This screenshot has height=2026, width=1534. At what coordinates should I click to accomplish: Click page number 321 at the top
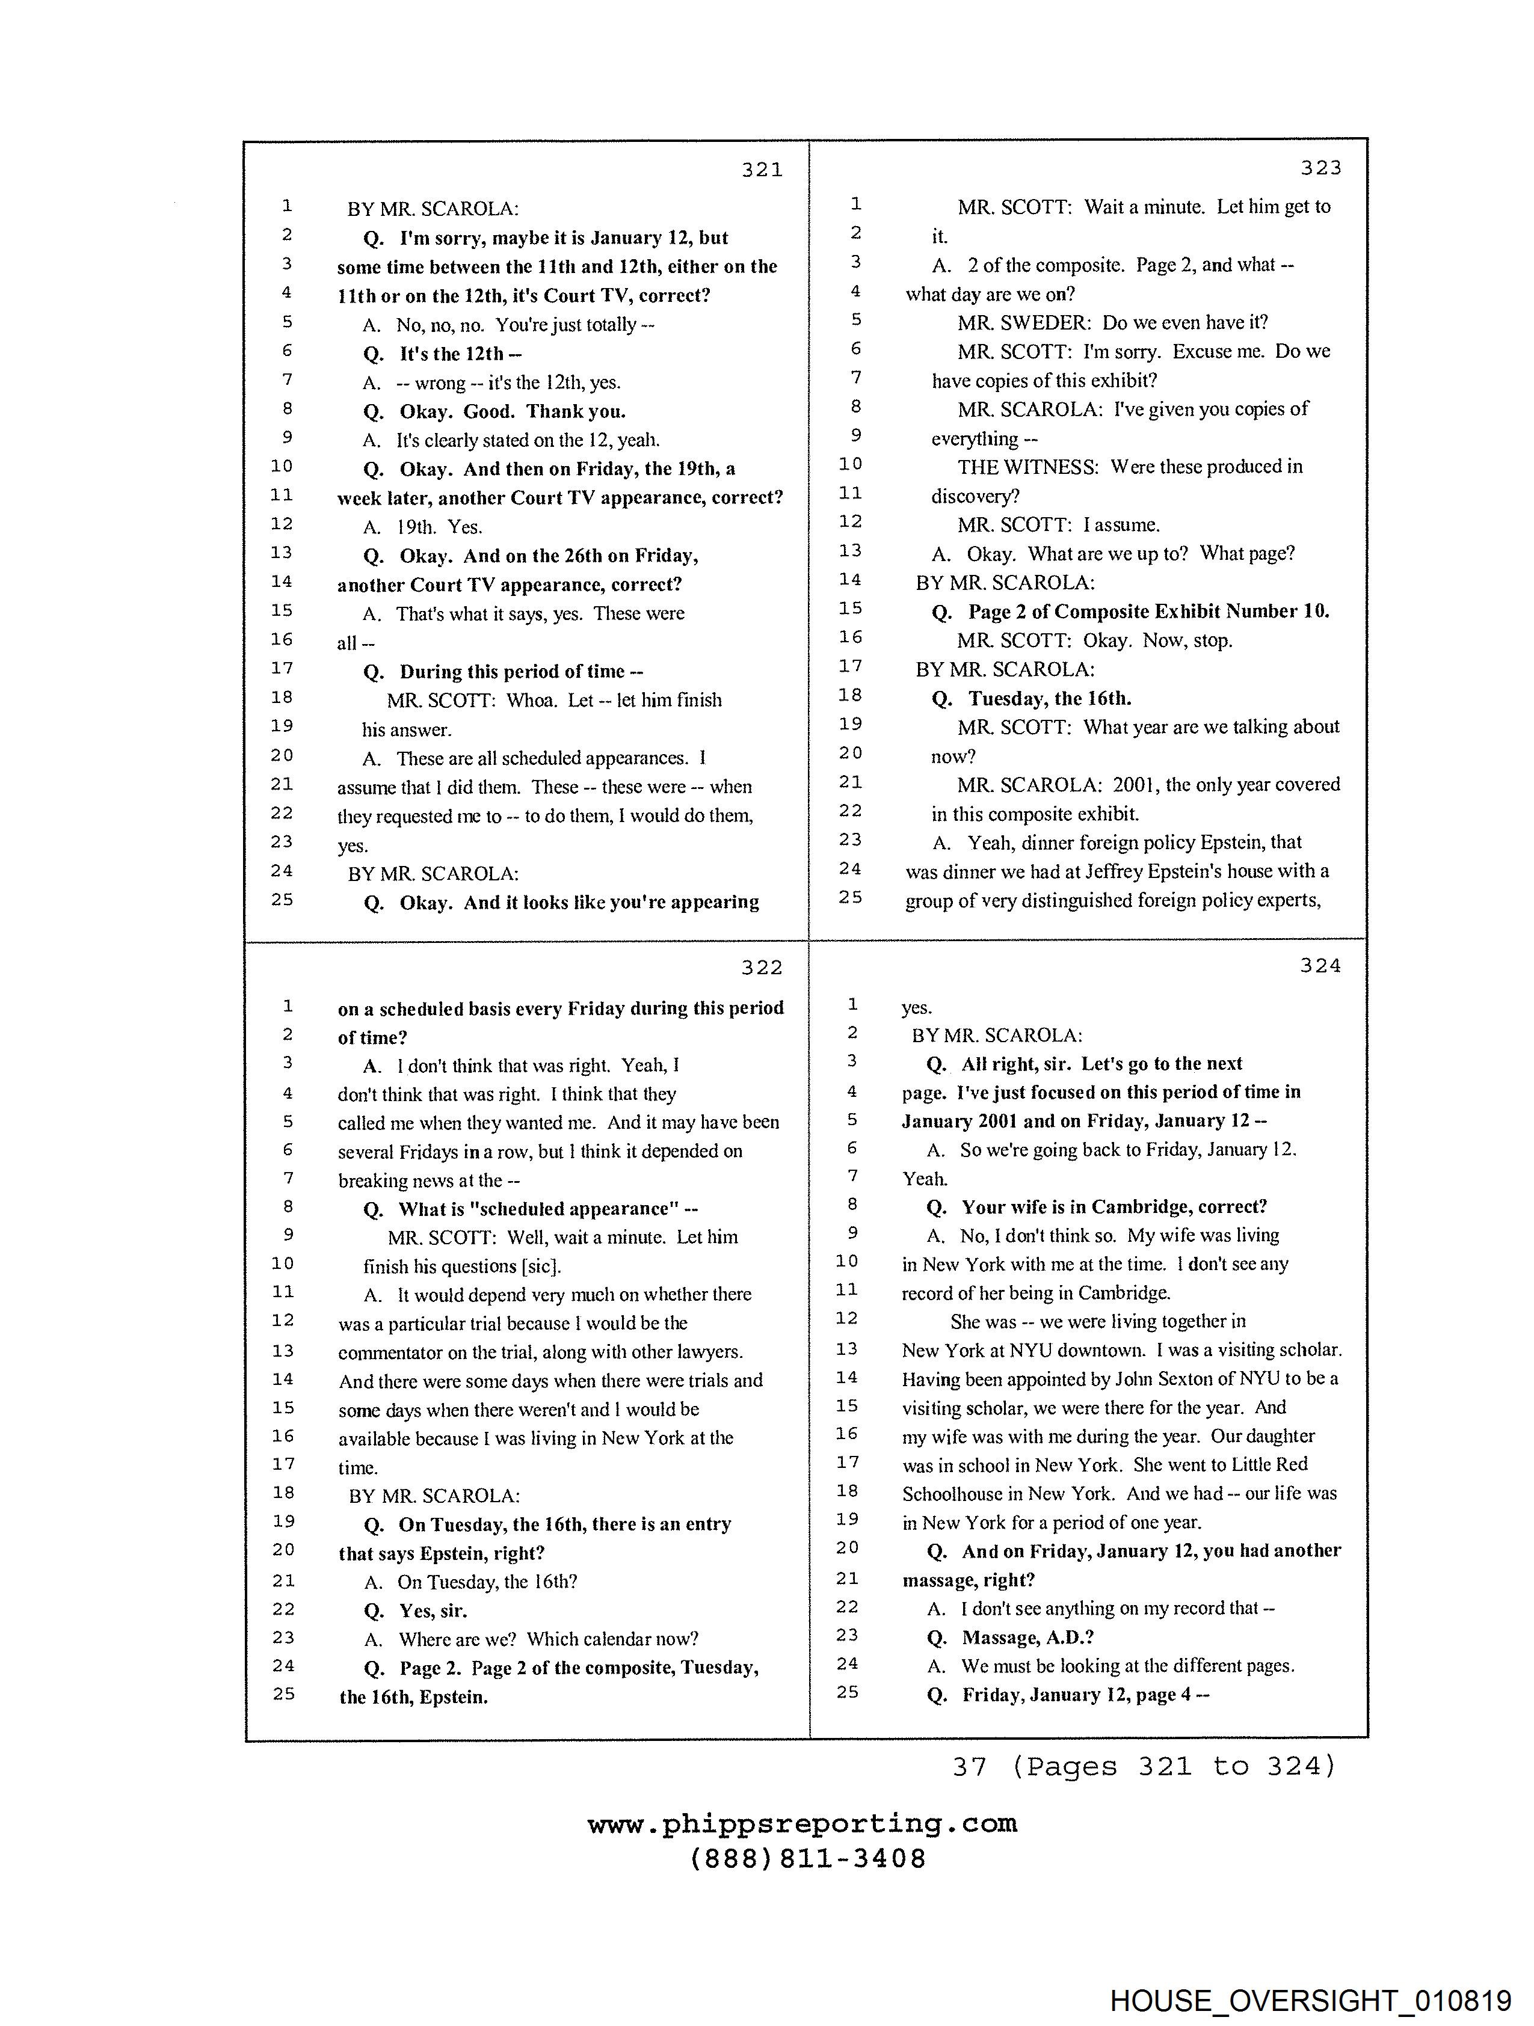pos(762,170)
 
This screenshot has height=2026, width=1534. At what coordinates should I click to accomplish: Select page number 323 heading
pos(1320,168)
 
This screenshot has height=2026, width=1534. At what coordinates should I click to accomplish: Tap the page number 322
pos(762,968)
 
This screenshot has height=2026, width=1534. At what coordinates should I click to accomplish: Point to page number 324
pos(1320,965)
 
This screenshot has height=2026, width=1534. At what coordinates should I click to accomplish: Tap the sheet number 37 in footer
pos(969,1767)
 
